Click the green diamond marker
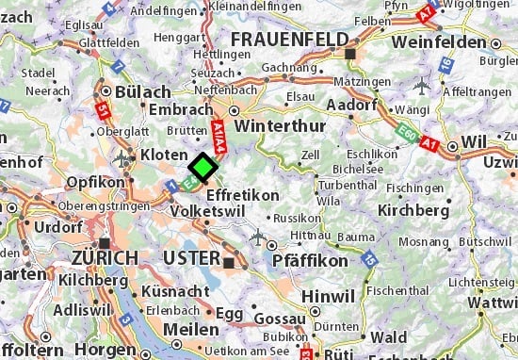tap(202, 168)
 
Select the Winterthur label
tap(274, 125)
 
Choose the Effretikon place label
tap(242, 194)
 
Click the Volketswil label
tap(209, 210)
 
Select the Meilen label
tap(190, 329)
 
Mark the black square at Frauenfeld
tap(350, 55)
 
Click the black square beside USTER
tap(228, 260)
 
